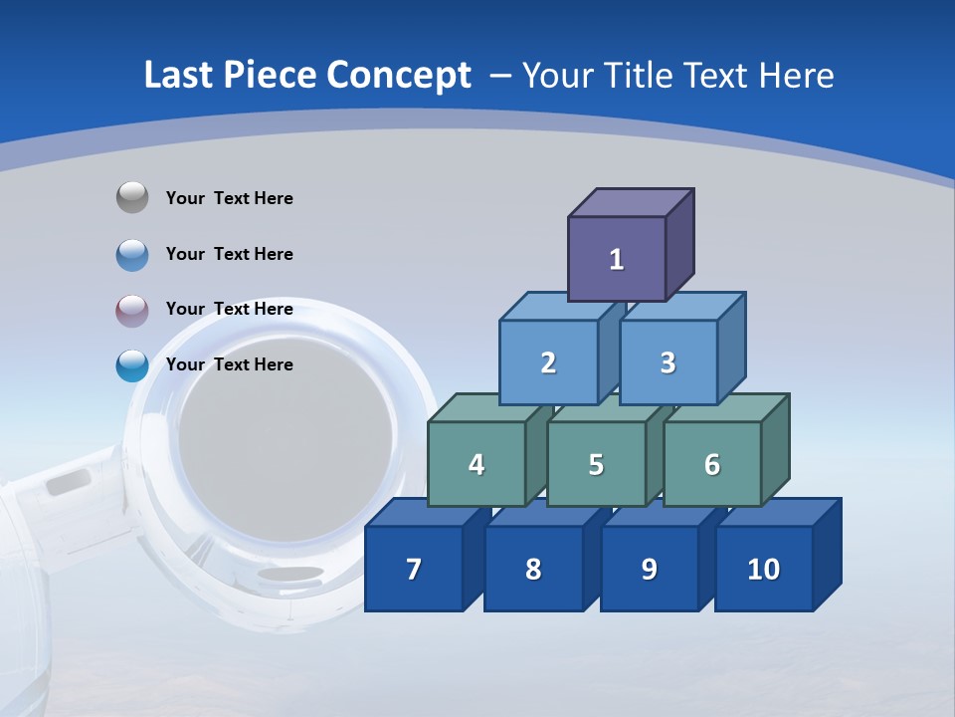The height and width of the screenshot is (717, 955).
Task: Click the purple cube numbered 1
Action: coord(617,259)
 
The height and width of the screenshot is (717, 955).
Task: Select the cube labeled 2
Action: coord(548,362)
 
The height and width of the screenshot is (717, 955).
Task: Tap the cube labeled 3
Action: coord(668,362)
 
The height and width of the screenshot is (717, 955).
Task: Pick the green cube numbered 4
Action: coord(477,464)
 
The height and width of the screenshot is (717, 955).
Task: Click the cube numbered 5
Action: coord(596,464)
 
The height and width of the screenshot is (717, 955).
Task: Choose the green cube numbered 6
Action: coord(711,464)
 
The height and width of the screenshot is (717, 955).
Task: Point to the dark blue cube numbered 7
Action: coord(414,569)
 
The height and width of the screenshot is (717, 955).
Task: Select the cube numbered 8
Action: coord(533,569)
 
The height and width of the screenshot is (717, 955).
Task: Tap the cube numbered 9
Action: coord(649,569)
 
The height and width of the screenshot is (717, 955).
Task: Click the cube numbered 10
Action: coord(763,569)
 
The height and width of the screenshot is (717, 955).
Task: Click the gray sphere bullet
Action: coord(132,198)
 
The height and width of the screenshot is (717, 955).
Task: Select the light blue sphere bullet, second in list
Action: coord(132,254)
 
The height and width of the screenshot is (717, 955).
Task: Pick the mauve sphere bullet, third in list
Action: coord(132,310)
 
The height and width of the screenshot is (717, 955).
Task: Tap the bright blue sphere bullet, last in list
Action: coord(132,365)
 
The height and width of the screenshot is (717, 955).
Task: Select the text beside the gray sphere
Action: coord(230,198)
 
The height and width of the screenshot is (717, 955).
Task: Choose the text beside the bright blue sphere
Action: coord(230,364)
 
